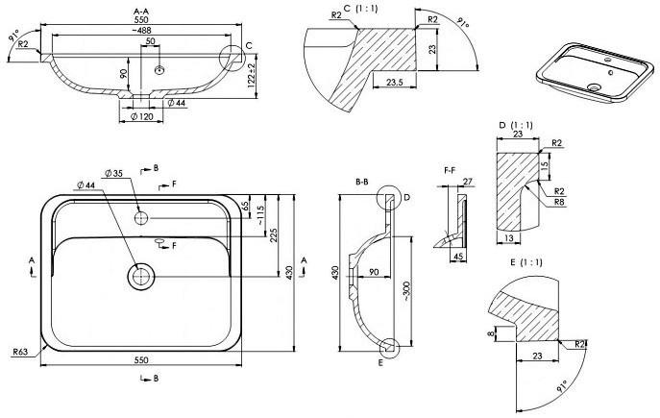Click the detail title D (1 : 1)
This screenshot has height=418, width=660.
511,126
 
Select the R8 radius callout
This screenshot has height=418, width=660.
557,203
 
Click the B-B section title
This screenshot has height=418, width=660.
363,180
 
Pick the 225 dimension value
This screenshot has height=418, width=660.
274,234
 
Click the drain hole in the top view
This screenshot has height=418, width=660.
141,277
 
